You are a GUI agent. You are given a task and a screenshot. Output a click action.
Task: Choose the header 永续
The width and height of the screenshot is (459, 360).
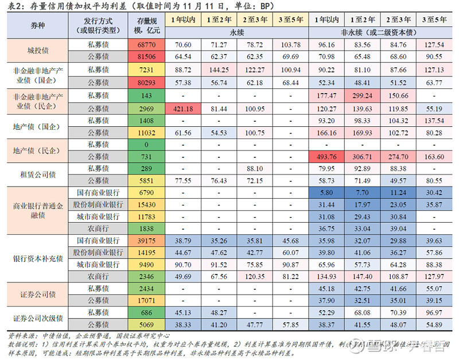pos(236,33)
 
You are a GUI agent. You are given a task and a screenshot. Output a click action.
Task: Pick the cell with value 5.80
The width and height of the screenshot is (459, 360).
pos(326,193)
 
